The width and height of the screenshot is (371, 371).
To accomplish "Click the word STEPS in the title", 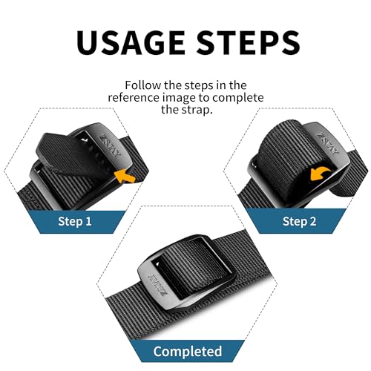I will tap(247, 43).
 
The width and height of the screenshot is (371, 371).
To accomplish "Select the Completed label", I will tap(187, 350).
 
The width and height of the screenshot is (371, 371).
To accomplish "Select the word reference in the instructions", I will tap(135, 98).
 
